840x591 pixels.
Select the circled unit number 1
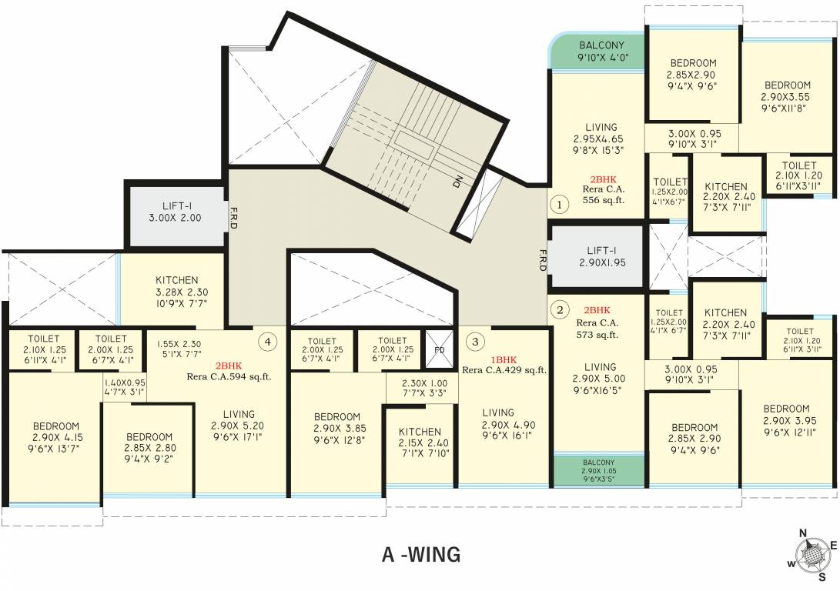tap(560, 205)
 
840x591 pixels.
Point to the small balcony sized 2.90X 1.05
tap(599, 469)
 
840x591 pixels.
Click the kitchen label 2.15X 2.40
tap(420, 442)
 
